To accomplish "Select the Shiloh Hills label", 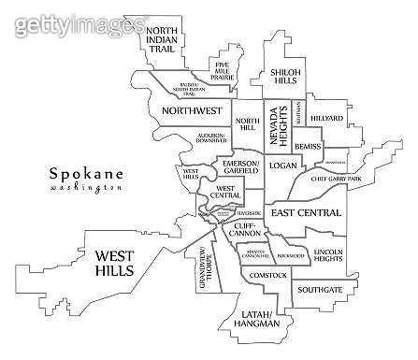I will (285, 76).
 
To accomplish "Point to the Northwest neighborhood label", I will (191, 110).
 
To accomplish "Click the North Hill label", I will (247, 124).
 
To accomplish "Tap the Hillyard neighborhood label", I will (326, 119).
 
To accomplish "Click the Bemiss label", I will (308, 147).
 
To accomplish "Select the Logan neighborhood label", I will (281, 165).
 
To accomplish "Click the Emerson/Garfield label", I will (241, 166).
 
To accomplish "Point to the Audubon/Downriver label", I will (211, 139).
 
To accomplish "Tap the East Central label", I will (305, 213).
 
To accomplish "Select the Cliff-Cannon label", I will (243, 230).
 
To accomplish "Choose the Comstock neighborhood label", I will (267, 276).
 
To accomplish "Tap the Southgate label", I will (320, 290).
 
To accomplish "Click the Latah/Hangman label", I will (259, 318).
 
